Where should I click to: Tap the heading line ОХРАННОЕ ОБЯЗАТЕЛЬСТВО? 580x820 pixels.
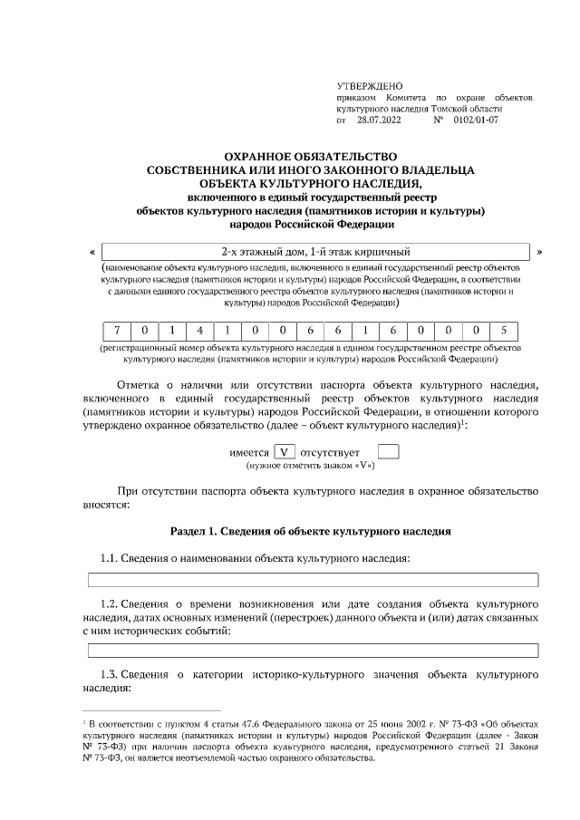[311, 156]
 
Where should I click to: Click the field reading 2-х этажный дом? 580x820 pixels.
[315, 252]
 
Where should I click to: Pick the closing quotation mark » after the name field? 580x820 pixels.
[540, 252]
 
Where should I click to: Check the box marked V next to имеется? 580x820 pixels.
[286, 450]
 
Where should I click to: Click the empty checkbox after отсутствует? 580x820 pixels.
[388, 450]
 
